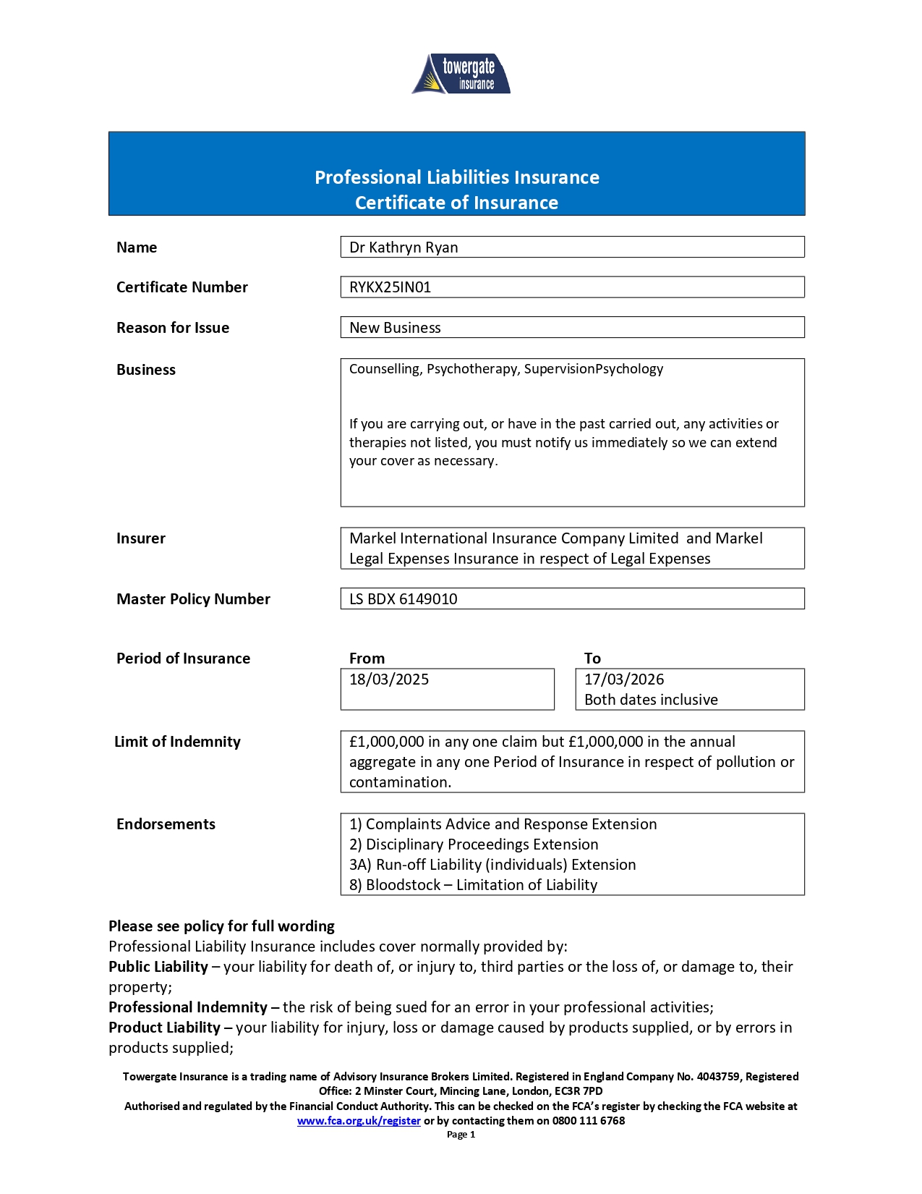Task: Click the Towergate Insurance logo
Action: click(461, 74)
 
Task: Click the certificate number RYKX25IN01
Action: click(390, 287)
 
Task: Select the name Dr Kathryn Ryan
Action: click(404, 247)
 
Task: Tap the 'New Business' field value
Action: click(395, 328)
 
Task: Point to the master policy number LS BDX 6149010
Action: click(404, 599)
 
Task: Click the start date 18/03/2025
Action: click(389, 679)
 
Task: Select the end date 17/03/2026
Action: click(624, 679)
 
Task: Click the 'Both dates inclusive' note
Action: click(651, 700)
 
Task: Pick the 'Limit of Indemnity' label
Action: click(177, 742)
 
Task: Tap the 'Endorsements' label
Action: click(166, 824)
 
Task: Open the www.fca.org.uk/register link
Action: click(359, 1121)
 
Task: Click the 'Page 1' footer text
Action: click(461, 1135)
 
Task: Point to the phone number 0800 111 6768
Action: click(589, 1121)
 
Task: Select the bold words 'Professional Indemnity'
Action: click(188, 1007)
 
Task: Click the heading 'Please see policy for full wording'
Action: click(221, 926)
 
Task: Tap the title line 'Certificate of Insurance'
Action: click(456, 203)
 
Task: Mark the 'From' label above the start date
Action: click(367, 659)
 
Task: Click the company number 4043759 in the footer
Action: click(718, 1077)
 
